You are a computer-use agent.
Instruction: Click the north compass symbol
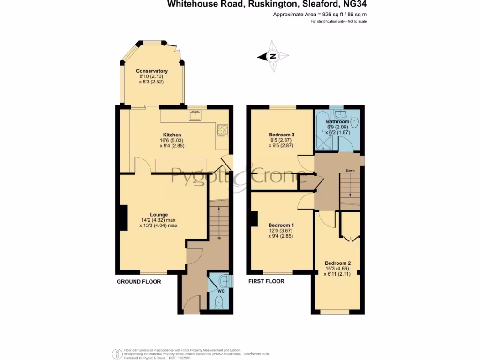click(x=272, y=57)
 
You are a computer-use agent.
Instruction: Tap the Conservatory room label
click(x=152, y=71)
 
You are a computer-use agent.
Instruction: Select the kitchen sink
click(x=195, y=115)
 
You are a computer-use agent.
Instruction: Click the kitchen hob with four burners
click(x=222, y=130)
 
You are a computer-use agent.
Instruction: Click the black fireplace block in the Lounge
click(x=124, y=218)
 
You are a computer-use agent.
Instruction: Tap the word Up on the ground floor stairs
click(x=218, y=238)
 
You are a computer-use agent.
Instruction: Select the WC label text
click(x=221, y=291)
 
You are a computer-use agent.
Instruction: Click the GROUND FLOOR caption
click(x=139, y=282)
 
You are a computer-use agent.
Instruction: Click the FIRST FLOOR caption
click(x=266, y=282)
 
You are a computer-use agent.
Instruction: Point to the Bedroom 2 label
click(x=338, y=263)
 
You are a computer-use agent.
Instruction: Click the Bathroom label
click(x=338, y=122)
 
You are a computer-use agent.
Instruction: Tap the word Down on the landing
click(x=350, y=171)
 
